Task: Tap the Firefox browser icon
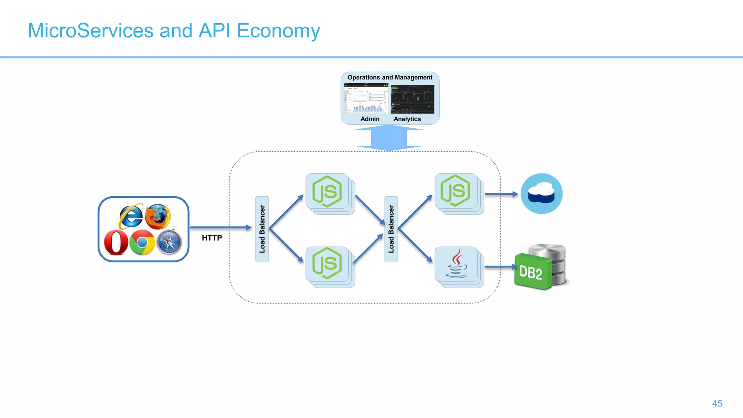(158, 216)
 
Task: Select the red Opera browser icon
(116, 243)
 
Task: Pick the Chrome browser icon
(142, 242)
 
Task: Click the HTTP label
(212, 238)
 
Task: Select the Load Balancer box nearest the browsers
(262, 229)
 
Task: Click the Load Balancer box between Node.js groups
(391, 229)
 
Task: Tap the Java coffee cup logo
(456, 264)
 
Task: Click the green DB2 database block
(532, 272)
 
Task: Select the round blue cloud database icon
(541, 193)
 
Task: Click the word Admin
(370, 119)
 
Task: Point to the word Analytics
(407, 119)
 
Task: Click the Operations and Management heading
(390, 77)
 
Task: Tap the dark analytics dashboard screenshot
(412, 99)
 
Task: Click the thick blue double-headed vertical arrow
(389, 138)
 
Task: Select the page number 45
(717, 403)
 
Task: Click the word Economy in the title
(278, 31)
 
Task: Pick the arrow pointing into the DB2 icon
(500, 267)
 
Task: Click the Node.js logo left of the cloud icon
(455, 191)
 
